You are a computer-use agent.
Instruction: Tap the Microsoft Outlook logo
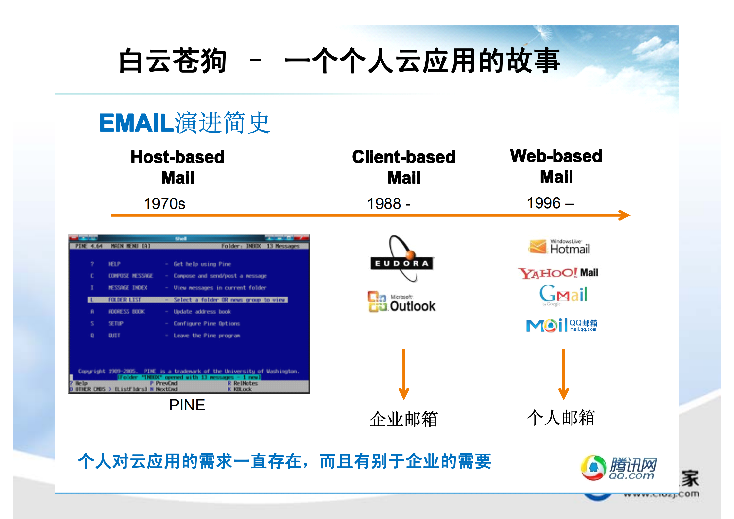pos(401,302)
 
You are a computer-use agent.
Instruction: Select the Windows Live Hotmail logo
pos(559,247)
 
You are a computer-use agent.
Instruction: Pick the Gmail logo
pos(563,294)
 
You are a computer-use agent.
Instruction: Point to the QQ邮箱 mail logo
pos(561,325)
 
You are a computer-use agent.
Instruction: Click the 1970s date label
pos(164,204)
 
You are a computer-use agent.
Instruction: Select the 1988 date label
pos(388,204)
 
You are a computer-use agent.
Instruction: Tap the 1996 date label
pos(550,203)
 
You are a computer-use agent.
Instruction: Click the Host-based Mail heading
pos(178,167)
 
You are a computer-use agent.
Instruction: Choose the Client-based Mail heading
pos(404,167)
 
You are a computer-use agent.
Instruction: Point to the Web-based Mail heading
pos(556,166)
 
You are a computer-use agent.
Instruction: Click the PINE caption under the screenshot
pos(187,405)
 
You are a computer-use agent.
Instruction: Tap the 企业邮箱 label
pos(403,419)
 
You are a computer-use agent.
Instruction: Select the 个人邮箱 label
pos(561,418)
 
